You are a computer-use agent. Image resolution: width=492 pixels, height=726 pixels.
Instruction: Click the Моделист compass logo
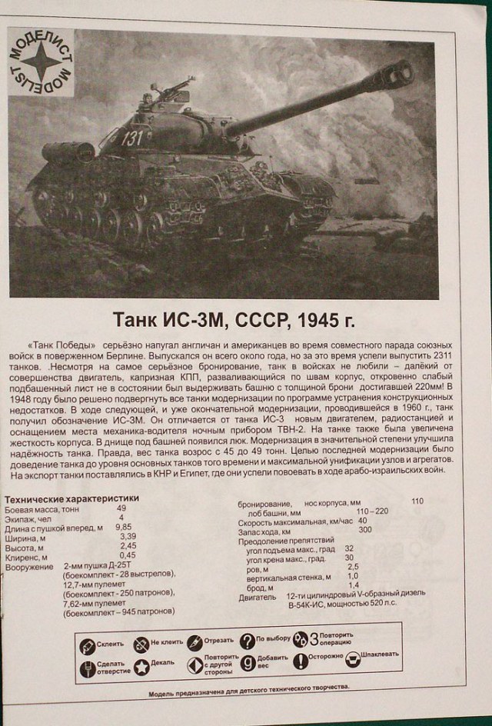click(x=42, y=62)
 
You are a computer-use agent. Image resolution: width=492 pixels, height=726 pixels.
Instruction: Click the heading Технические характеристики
click(x=72, y=498)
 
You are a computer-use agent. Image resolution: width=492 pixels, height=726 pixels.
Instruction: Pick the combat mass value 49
click(x=121, y=508)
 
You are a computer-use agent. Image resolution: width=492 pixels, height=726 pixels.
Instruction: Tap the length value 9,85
click(x=123, y=527)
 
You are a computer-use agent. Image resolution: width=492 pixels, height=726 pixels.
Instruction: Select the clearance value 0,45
click(x=128, y=555)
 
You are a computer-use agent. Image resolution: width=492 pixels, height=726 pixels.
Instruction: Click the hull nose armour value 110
click(x=417, y=501)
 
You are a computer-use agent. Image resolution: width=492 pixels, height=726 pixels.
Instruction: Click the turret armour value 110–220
click(x=372, y=511)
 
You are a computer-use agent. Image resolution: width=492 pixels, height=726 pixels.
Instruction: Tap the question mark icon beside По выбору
click(x=247, y=641)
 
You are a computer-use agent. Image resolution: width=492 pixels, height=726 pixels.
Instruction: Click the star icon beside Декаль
click(x=141, y=667)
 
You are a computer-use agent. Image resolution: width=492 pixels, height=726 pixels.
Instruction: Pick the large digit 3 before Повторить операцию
click(x=313, y=639)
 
